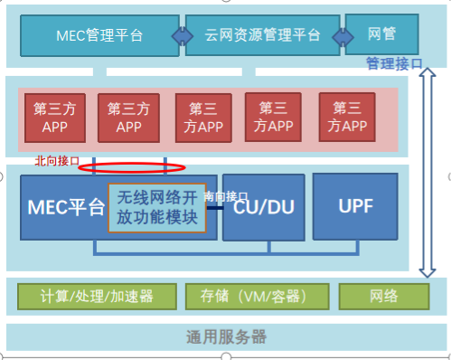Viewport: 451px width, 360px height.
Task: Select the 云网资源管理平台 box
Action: (262, 35)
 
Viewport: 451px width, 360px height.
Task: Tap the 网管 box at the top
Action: (381, 34)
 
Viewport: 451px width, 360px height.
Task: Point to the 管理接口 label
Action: (394, 63)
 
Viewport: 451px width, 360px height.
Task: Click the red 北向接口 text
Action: (57, 161)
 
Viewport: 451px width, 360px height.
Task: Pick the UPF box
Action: (353, 205)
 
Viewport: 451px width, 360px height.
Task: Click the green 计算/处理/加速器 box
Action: (98, 296)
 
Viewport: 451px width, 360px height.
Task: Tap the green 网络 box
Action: (383, 296)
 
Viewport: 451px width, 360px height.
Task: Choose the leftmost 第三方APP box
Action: (54, 118)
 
